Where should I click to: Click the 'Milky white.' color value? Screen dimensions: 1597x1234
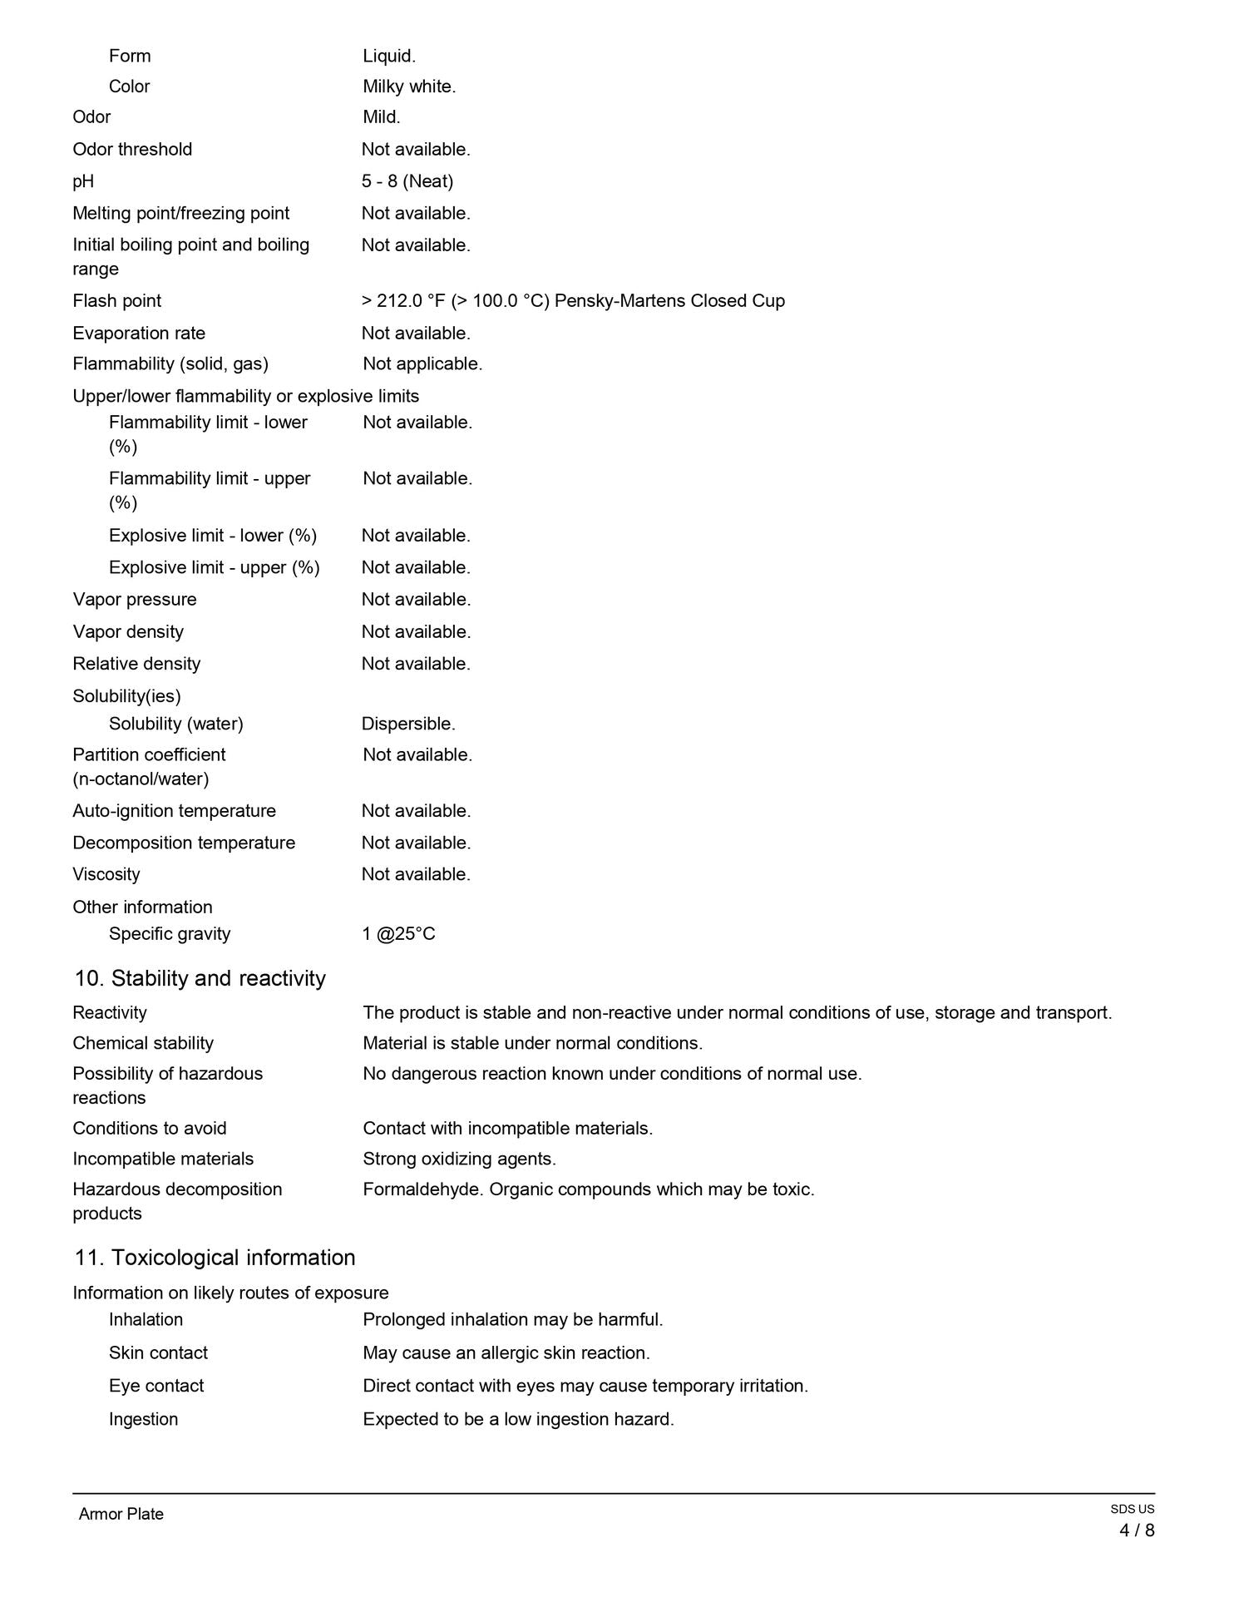[x=409, y=87]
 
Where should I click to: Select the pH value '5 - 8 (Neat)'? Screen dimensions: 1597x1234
[x=407, y=181]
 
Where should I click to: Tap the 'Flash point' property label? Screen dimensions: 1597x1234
[x=117, y=301]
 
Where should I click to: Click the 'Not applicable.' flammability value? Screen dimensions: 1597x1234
[x=422, y=364]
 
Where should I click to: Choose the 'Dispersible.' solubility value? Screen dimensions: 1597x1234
[x=408, y=724]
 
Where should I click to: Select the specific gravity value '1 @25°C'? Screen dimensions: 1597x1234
[x=399, y=934]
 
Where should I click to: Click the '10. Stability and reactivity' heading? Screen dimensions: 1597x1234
[x=200, y=978]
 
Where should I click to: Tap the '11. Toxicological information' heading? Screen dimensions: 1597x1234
[x=215, y=1258]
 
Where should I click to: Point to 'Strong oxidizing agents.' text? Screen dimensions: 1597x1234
[x=459, y=1159]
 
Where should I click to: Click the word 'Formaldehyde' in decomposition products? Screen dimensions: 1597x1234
[x=423, y=1189]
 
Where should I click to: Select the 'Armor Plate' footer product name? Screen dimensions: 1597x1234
[x=121, y=1514]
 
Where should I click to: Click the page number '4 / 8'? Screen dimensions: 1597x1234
[x=1137, y=1530]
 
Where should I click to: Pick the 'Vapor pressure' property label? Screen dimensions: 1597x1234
[x=135, y=600]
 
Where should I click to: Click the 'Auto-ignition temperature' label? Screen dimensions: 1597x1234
[x=175, y=811]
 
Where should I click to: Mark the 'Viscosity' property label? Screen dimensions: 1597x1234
[x=106, y=874]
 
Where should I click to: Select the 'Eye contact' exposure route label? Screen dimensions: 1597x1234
[x=156, y=1386]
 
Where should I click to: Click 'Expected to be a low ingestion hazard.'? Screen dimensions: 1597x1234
[x=518, y=1419]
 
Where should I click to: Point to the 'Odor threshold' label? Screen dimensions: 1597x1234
[x=132, y=150]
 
